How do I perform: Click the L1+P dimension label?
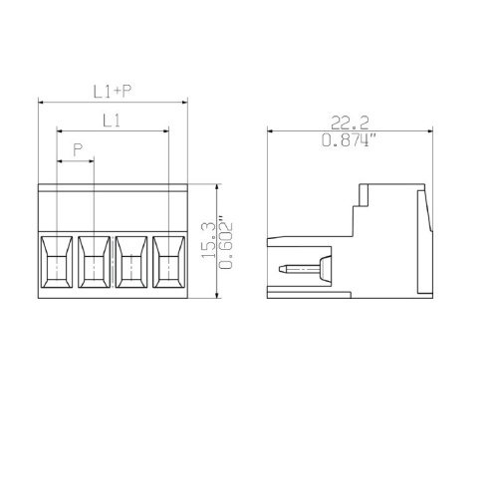pos(113,92)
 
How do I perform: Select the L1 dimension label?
pos(112,121)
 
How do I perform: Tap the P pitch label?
pos(78,149)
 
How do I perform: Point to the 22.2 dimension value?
pos(350,123)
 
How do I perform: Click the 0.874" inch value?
pos(350,139)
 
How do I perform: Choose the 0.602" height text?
pos(226,243)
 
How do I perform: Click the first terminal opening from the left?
pos(57,262)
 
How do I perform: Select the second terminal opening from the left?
pos(94,262)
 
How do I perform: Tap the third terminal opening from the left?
pos(131,262)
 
